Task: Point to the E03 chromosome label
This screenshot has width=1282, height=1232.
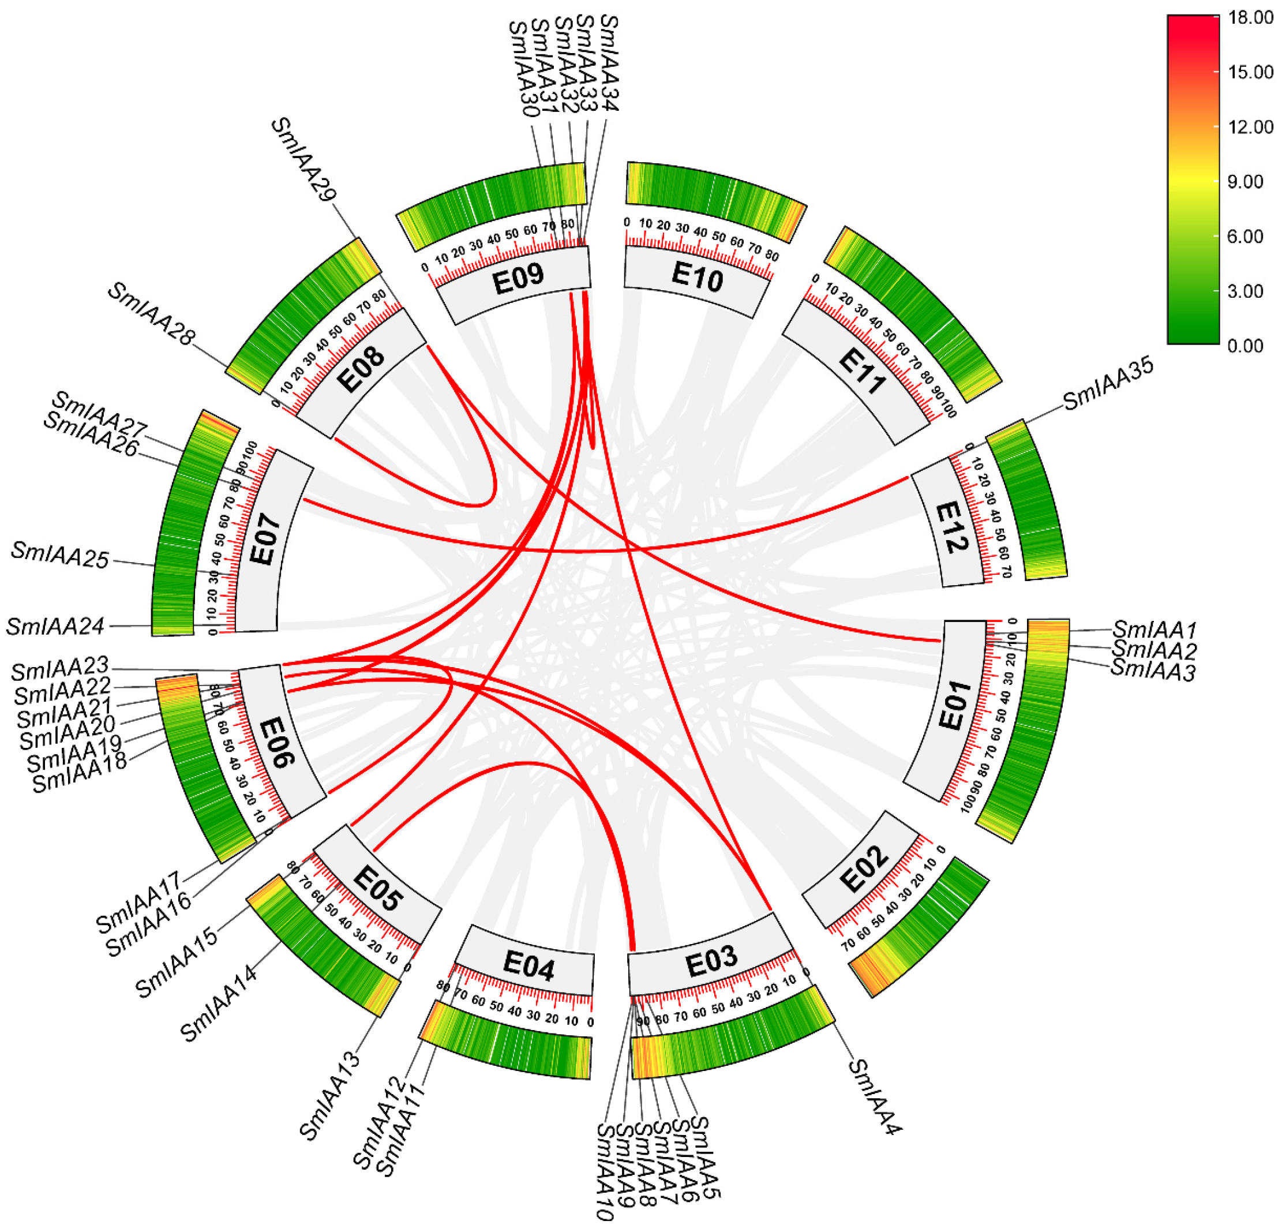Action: pos(711,962)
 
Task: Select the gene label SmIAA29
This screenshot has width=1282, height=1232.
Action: pos(304,159)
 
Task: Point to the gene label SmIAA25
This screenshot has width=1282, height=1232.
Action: pos(60,556)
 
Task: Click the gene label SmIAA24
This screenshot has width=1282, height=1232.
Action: pos(55,627)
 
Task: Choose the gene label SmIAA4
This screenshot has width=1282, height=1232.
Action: pos(875,1096)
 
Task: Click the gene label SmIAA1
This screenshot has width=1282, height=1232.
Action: pos(1154,630)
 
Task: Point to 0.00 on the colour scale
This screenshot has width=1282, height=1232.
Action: pos(1246,346)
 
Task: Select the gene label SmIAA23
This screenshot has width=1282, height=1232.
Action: pos(60,669)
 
